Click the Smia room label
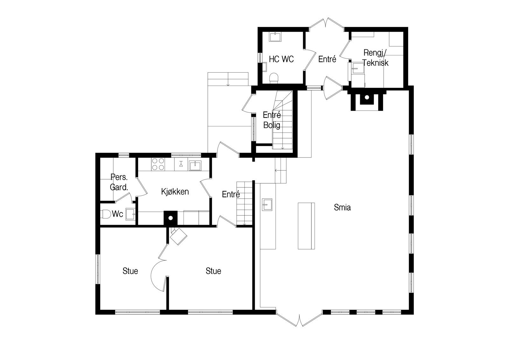[x=342, y=208]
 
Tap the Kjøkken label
[x=175, y=192]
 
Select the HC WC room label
[x=281, y=59]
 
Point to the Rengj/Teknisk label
[x=376, y=58]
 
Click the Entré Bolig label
[x=272, y=120]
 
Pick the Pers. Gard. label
[x=119, y=182]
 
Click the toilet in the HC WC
[x=274, y=77]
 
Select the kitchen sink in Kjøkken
[x=195, y=166]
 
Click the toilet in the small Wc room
[x=106, y=214]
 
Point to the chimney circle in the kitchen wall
[x=171, y=218]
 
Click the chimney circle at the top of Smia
[x=367, y=97]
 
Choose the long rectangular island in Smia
[x=306, y=225]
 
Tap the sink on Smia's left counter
[x=267, y=204]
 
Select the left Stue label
[x=130, y=271]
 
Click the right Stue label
[x=213, y=271]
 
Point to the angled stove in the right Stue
[x=178, y=236]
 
